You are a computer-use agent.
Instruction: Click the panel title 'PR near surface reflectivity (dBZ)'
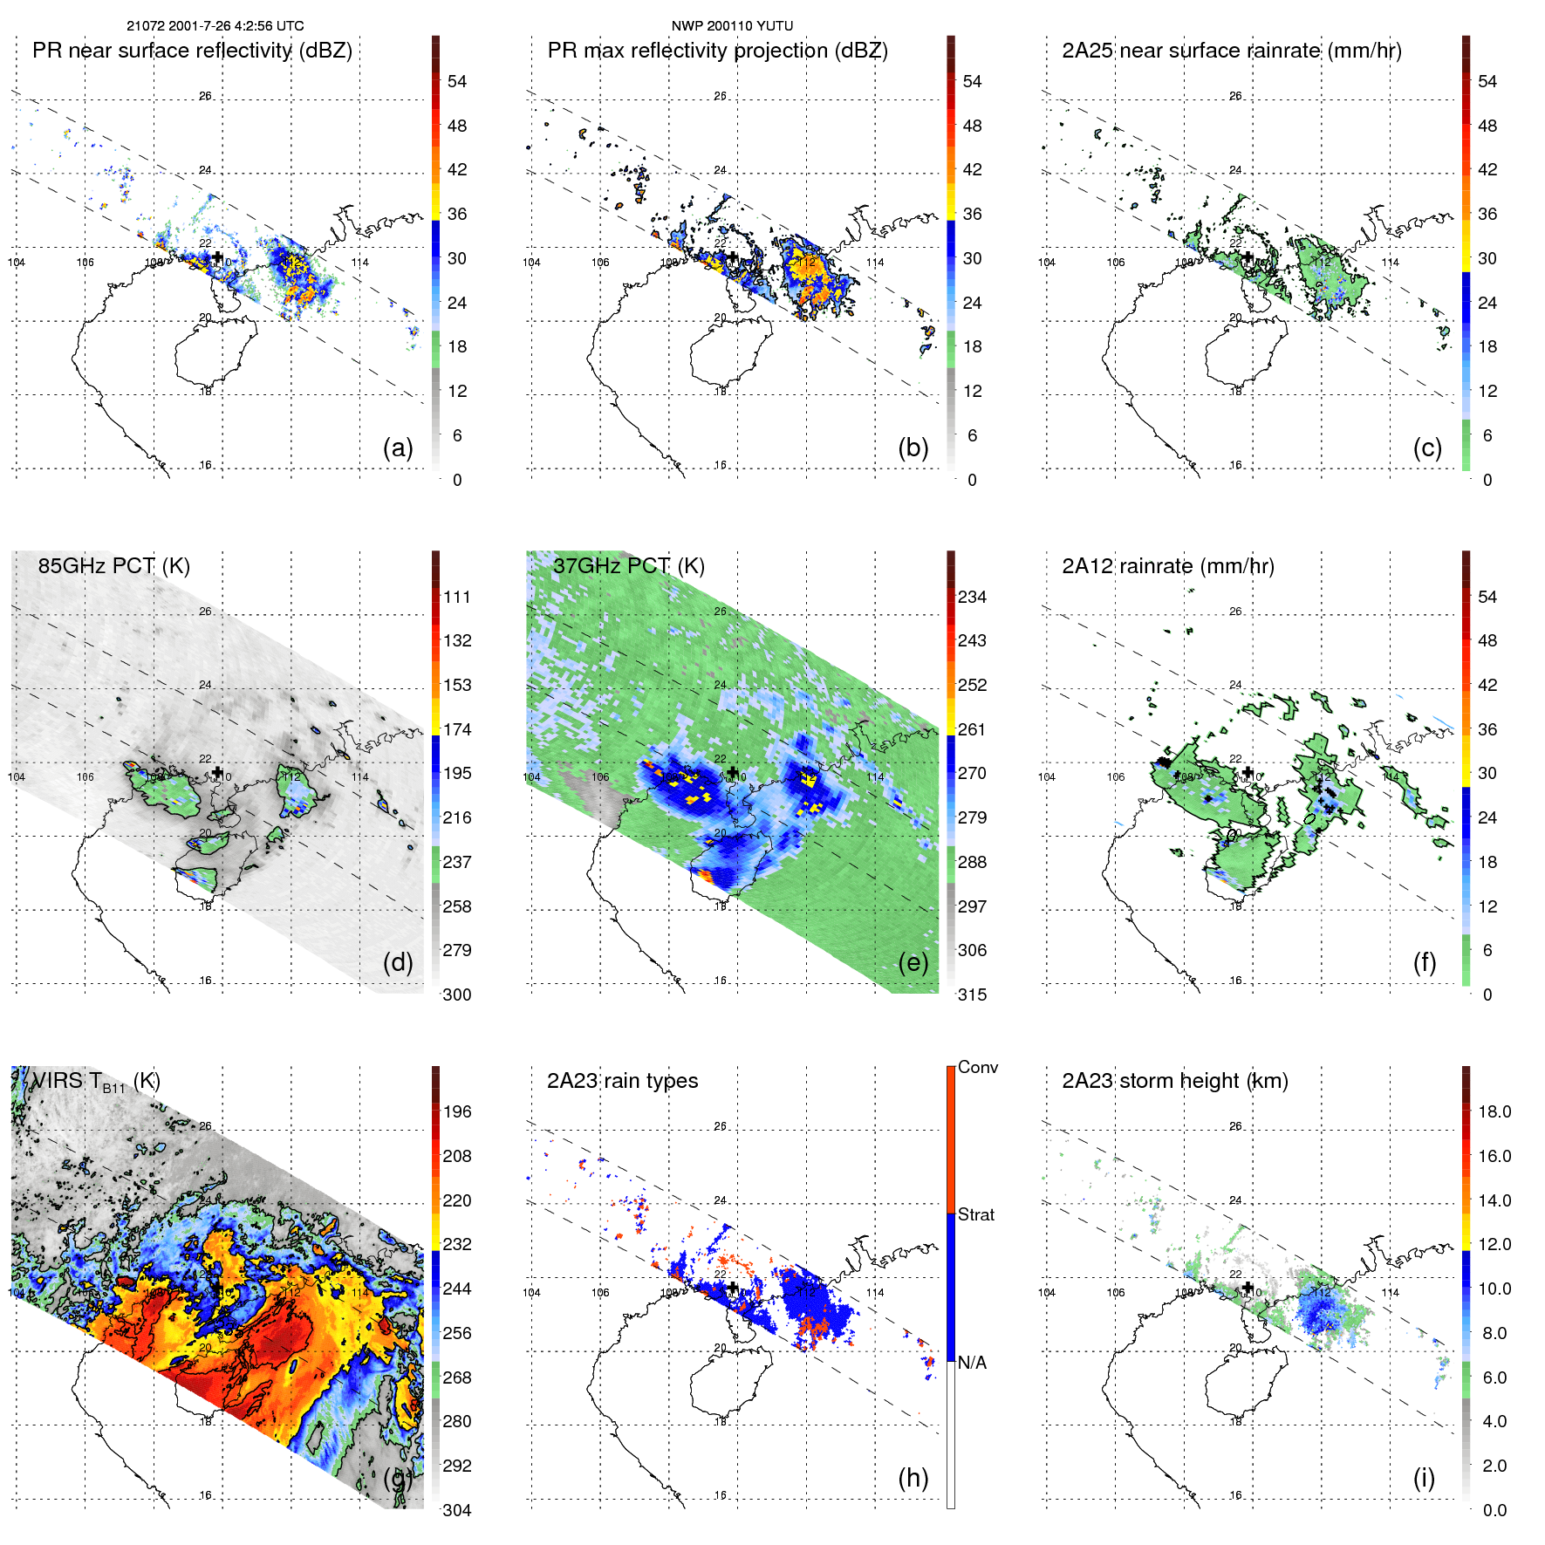click(192, 51)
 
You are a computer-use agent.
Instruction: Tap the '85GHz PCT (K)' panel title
click(113, 566)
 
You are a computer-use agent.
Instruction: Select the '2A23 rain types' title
click(622, 1081)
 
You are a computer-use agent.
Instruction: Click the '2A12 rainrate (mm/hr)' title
click(1167, 566)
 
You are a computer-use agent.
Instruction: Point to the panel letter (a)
click(398, 448)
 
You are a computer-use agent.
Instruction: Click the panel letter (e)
click(913, 962)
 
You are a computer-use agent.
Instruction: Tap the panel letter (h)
click(913, 1478)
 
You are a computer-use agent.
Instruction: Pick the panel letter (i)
click(1424, 1478)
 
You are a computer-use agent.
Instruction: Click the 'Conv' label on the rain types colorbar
click(977, 1067)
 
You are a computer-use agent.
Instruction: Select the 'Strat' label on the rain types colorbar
click(975, 1214)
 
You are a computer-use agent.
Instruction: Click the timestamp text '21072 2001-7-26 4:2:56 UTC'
click(215, 26)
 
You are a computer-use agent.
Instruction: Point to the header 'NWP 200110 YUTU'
click(732, 26)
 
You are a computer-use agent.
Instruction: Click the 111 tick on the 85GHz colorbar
click(457, 597)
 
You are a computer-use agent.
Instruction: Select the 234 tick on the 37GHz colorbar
click(972, 597)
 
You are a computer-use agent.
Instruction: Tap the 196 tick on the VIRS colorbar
click(457, 1111)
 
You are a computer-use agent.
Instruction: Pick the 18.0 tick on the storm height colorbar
click(1494, 1111)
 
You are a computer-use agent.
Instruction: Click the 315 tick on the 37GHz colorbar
click(972, 995)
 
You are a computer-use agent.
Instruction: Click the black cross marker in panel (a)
click(218, 257)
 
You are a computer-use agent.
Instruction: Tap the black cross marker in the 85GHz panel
click(218, 772)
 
